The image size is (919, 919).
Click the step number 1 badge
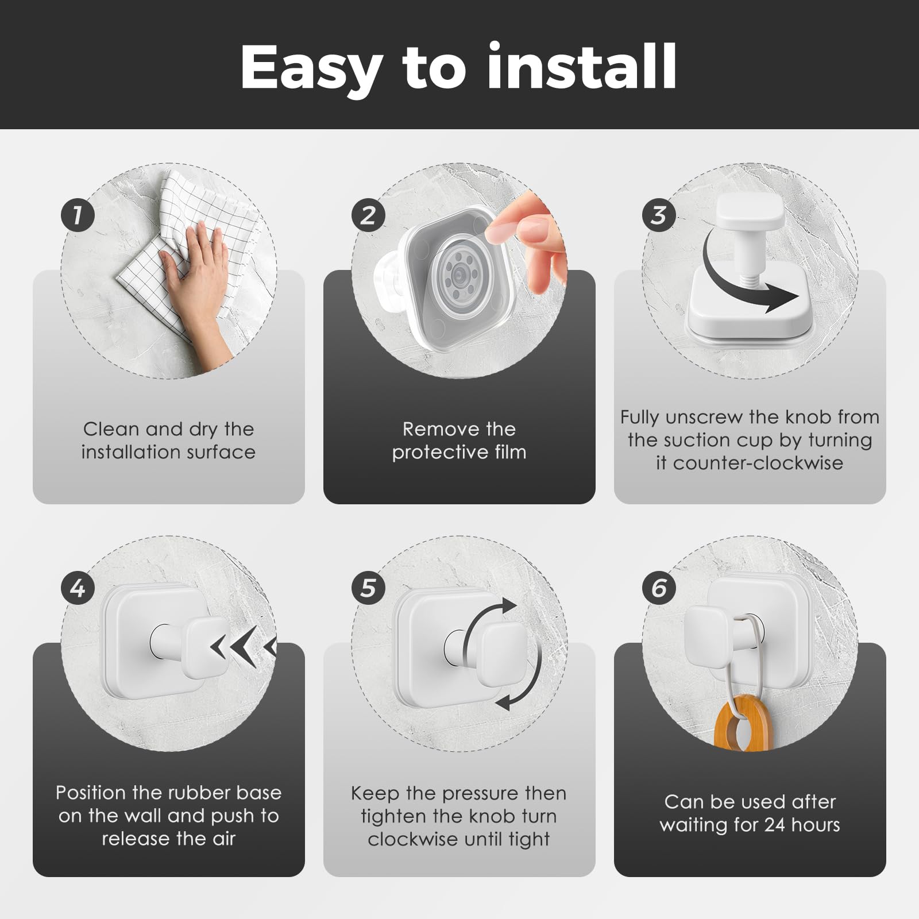click(x=78, y=215)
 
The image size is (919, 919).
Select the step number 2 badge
click(x=368, y=215)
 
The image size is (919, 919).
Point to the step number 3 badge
click(x=659, y=215)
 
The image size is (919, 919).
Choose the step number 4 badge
click(x=78, y=588)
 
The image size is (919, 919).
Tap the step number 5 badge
click(x=368, y=588)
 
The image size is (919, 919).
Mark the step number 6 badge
click(x=659, y=588)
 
